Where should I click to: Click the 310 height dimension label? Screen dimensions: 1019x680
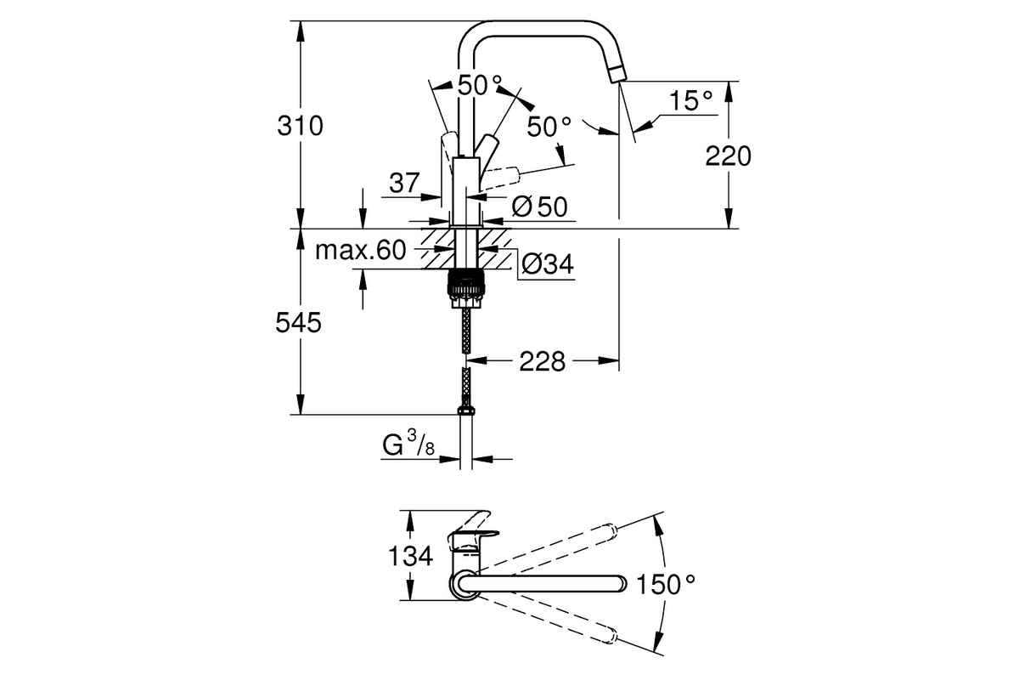[301, 126]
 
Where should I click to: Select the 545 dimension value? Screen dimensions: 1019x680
[298, 323]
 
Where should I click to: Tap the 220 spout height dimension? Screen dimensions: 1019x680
[728, 156]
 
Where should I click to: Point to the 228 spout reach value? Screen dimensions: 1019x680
[543, 361]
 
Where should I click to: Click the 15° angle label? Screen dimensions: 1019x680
[690, 100]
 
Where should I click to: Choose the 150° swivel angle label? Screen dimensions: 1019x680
[666, 584]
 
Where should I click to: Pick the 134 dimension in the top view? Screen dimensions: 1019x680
[410, 556]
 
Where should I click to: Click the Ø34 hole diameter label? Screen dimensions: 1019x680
[548, 263]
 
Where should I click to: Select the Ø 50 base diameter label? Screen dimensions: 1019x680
[540, 207]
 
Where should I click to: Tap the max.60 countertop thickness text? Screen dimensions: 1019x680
[360, 250]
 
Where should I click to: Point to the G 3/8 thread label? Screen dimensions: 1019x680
[408, 444]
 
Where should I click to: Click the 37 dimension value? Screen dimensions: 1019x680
[404, 183]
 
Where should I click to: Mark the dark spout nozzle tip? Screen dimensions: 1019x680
[616, 74]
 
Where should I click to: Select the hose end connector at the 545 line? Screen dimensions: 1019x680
[466, 411]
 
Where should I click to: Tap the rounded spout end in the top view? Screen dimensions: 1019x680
[620, 584]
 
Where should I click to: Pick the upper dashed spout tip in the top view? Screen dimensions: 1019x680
[609, 531]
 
